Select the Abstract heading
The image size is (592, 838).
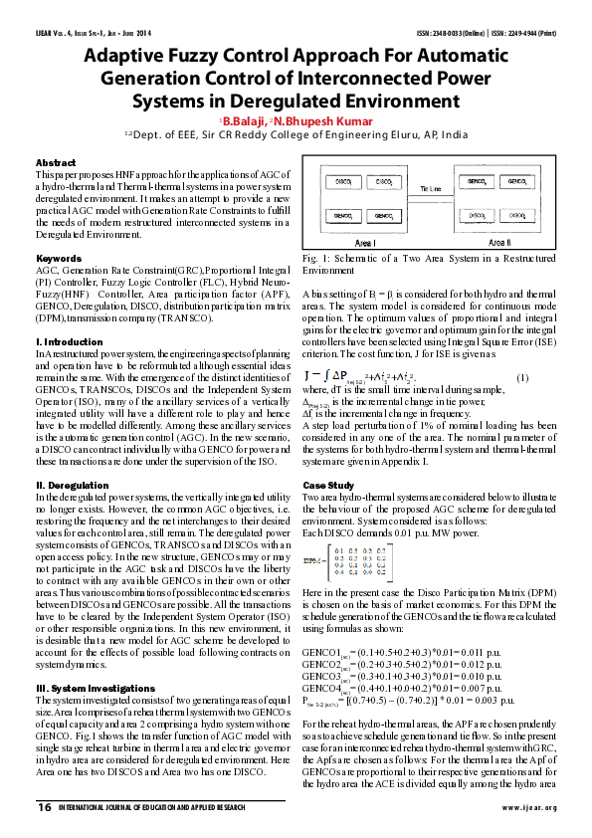[x=56, y=162]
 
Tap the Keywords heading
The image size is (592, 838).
[x=60, y=259]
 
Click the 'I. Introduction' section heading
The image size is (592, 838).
[x=69, y=341]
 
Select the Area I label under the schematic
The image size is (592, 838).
[x=364, y=243]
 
